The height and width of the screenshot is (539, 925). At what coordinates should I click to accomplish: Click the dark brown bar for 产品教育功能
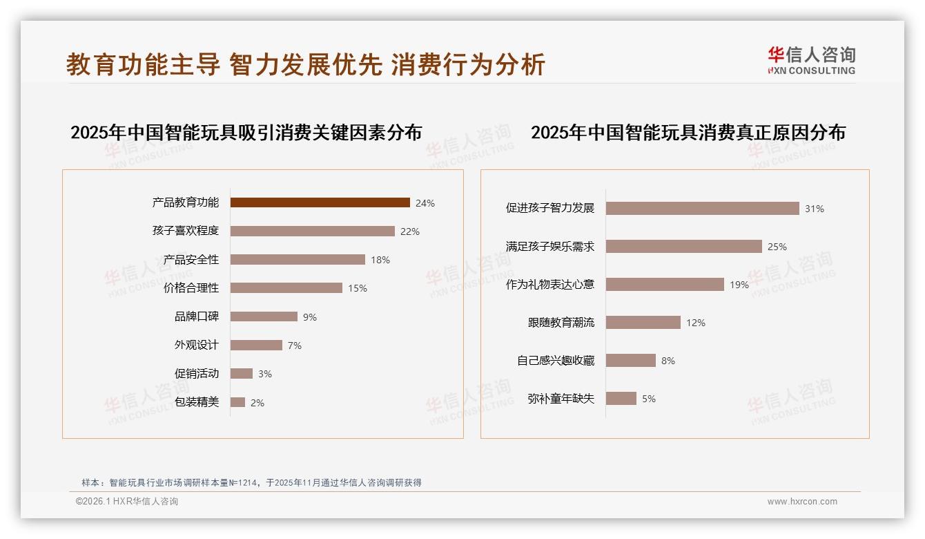(320, 202)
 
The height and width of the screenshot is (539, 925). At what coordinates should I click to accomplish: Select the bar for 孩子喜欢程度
(312, 231)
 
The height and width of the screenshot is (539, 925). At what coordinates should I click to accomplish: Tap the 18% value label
(380, 260)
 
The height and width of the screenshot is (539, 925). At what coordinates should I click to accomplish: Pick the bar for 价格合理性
(286, 288)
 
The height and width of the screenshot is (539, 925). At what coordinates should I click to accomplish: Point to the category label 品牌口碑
(196, 316)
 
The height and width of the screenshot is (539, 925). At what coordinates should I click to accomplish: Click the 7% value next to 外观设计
(295, 346)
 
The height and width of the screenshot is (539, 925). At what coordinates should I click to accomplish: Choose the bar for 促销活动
(242, 374)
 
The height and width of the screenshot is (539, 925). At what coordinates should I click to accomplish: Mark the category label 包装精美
(196, 402)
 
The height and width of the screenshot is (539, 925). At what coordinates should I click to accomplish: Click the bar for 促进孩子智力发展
(702, 209)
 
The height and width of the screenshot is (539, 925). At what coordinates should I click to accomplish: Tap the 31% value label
(815, 209)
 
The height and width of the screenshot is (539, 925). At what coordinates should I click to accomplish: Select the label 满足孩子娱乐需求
(549, 247)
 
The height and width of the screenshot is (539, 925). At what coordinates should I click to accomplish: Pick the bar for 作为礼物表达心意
(665, 285)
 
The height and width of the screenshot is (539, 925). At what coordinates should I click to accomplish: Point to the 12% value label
(696, 323)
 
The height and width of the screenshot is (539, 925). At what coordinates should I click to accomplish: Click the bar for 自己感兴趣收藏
(630, 361)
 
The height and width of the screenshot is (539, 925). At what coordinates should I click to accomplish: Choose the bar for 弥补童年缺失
(621, 399)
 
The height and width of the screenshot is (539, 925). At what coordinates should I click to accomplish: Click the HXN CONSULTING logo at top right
(811, 61)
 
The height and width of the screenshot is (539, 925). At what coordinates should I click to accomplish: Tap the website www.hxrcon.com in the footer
(802, 502)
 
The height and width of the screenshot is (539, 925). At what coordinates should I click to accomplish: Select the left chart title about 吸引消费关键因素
(246, 132)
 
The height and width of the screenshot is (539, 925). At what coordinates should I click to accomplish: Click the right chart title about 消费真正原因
(688, 132)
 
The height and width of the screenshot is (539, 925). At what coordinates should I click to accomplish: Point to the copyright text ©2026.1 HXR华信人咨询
(127, 502)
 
